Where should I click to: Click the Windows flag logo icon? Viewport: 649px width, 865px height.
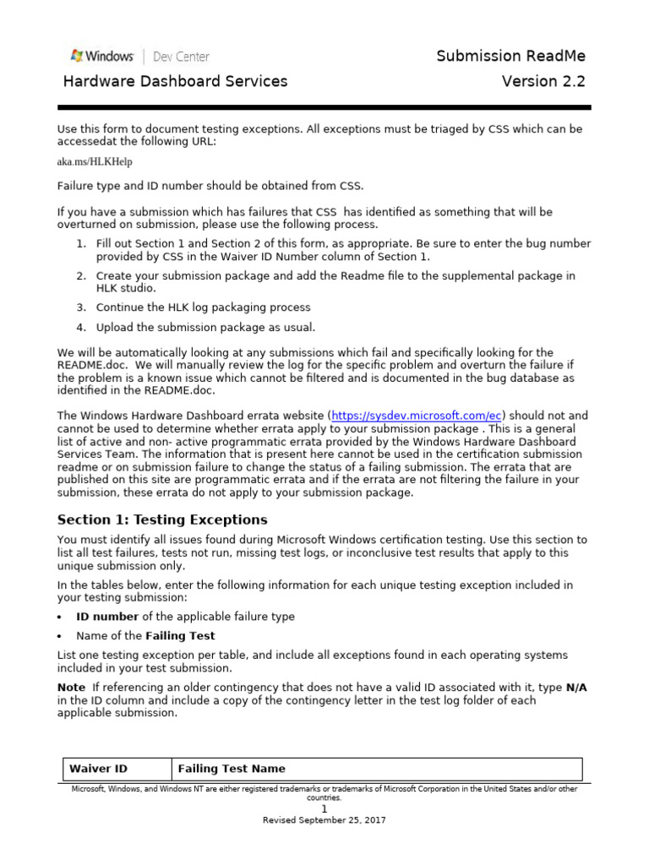point(77,56)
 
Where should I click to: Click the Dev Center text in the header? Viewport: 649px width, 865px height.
point(181,57)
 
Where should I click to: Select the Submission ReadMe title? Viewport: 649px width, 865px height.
point(510,56)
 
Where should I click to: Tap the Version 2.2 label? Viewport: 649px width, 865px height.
point(543,81)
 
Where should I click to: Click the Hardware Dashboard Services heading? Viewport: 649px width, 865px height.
point(176,81)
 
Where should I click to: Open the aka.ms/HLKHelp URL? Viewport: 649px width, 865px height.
point(95,161)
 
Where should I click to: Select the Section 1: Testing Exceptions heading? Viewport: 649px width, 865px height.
point(161,520)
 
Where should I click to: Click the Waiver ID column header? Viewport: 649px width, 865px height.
point(98,769)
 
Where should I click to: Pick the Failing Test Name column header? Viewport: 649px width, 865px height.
point(232,769)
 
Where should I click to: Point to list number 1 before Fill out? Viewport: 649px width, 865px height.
point(81,243)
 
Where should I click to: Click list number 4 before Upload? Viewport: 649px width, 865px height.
point(81,328)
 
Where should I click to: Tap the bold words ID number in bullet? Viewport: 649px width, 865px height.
point(107,617)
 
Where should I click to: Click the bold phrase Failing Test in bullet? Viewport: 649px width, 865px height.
point(180,636)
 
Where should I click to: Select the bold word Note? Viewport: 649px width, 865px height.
point(71,688)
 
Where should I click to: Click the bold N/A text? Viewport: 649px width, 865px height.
point(575,688)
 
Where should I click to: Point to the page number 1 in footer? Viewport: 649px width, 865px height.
point(324,808)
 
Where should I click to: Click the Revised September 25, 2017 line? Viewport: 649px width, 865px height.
point(324,820)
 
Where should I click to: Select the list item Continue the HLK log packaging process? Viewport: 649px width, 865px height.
point(203,307)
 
